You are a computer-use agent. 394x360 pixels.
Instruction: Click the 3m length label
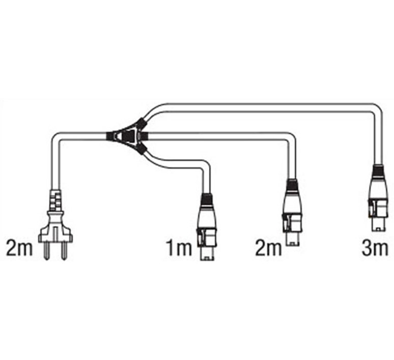pos(375,248)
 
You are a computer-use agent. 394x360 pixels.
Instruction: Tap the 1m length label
pos(179,248)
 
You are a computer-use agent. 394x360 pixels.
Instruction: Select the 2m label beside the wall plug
pos(19,248)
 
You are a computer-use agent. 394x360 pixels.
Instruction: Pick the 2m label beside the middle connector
pos(268,248)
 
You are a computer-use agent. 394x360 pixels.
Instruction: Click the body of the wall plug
pos(55,226)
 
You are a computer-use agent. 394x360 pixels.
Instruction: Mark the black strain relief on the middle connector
pos(292,185)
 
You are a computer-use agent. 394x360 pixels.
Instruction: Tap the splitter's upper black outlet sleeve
pos(140,123)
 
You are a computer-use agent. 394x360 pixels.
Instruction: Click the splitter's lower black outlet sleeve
pos(140,150)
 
